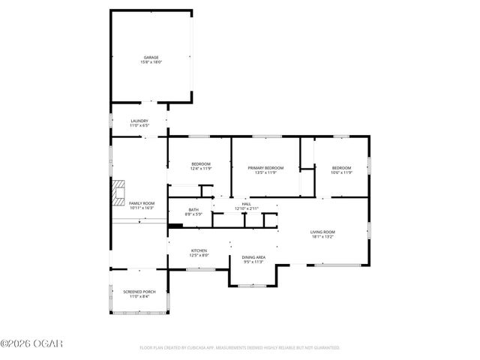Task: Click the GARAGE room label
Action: [x=151, y=57]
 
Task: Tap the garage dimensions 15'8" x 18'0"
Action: [x=151, y=62]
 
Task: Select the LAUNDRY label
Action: [x=139, y=121]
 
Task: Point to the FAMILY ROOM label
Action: [x=142, y=203]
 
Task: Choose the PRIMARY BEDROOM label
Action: [x=266, y=168]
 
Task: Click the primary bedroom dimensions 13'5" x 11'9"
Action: [x=266, y=173]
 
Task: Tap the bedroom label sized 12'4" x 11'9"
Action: [x=200, y=164]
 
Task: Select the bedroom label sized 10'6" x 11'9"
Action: [x=341, y=168]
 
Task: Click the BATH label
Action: [x=193, y=209]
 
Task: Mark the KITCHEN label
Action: [x=199, y=250]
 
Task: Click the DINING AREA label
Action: [x=253, y=257]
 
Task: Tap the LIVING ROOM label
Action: [x=322, y=232]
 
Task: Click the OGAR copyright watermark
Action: [x=31, y=344]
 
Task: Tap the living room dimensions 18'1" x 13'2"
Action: [x=322, y=237]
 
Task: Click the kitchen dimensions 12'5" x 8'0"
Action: [x=199, y=256]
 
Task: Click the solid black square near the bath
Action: [x=176, y=224]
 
